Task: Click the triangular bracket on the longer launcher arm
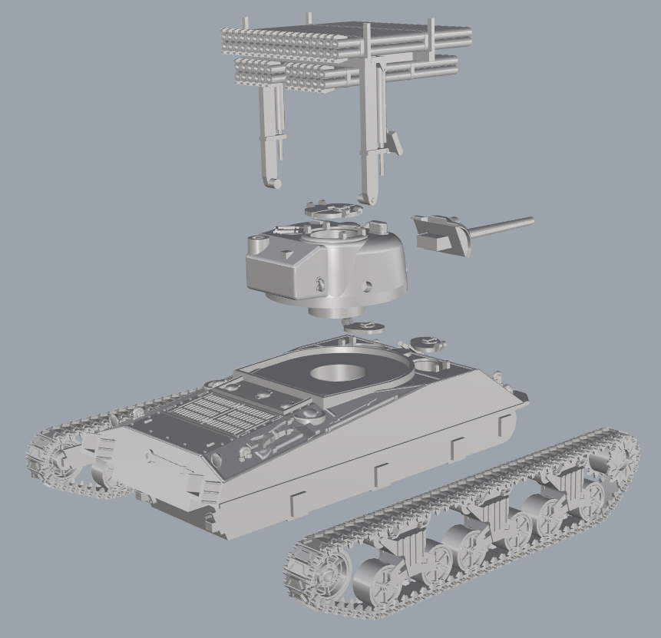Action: click(x=395, y=141)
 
